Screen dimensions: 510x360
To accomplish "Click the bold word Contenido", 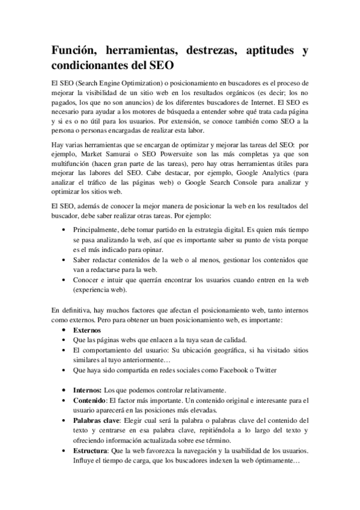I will tap(89, 401).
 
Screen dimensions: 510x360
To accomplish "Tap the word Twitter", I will tap(266, 370).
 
